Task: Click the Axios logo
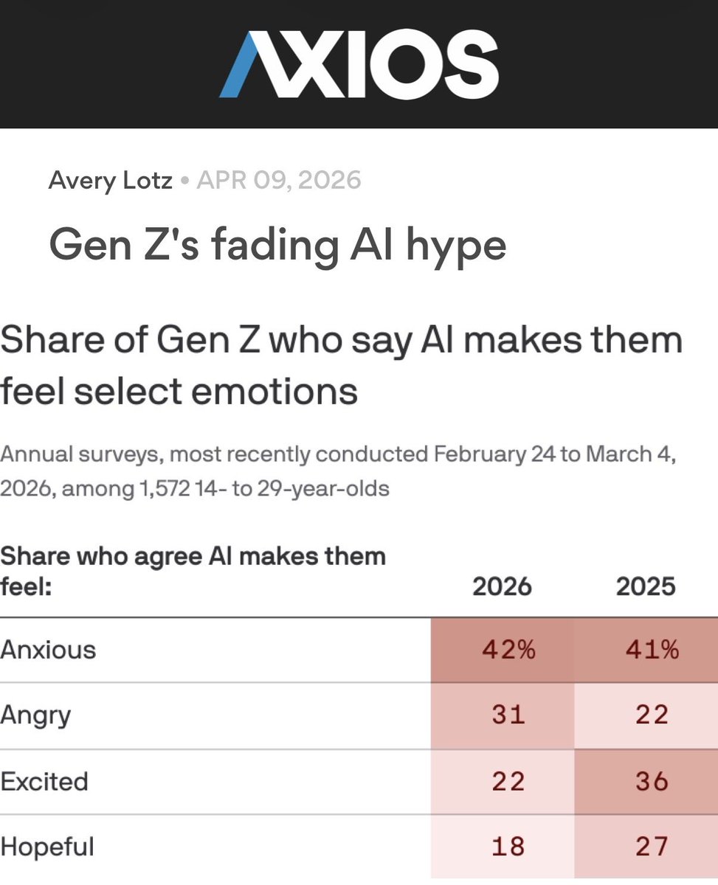(x=359, y=63)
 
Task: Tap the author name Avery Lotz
(x=110, y=180)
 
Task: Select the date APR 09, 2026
(x=280, y=180)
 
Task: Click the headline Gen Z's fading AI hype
(x=277, y=245)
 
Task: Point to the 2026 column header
(x=502, y=587)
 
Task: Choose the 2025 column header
(x=646, y=587)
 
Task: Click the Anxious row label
(x=49, y=650)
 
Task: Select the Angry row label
(x=36, y=715)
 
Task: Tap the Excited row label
(x=44, y=781)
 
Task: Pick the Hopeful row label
(x=47, y=847)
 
